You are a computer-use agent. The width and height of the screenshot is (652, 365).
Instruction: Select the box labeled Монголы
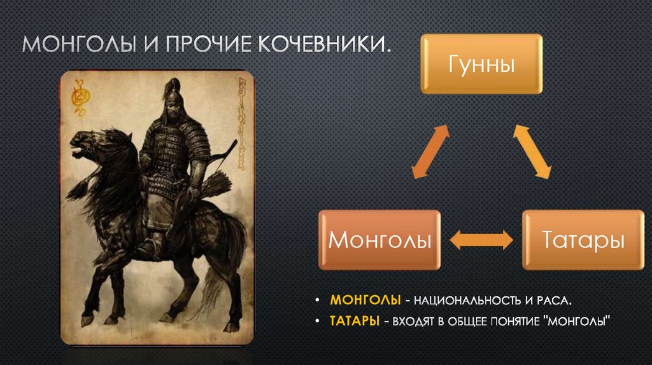[x=379, y=240]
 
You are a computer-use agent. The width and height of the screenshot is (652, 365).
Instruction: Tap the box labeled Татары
[x=582, y=240]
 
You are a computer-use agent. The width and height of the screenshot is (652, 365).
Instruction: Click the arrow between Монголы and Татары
[x=481, y=240]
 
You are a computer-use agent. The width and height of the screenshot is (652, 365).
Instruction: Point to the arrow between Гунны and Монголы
[x=430, y=151]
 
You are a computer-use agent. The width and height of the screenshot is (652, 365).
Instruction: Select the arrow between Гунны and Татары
[x=532, y=151]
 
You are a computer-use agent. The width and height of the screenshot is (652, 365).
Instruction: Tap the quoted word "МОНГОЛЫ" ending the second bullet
[x=576, y=322]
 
